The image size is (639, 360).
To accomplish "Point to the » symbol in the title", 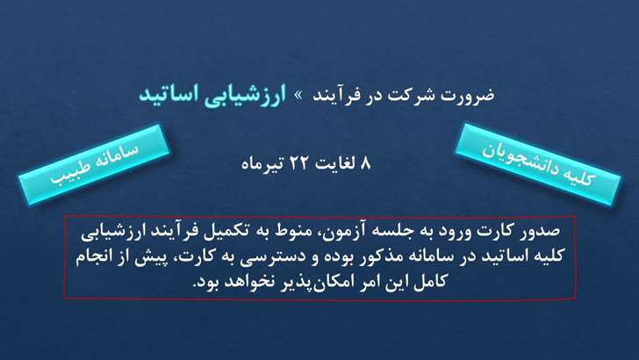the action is (x=299, y=96).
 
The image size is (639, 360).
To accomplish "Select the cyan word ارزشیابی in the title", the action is (x=245, y=96).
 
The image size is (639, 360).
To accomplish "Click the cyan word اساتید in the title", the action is (x=169, y=95).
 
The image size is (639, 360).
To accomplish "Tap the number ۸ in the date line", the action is (x=365, y=164).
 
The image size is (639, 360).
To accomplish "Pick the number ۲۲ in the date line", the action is (x=300, y=164).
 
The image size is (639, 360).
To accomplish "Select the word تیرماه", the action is (x=263, y=164).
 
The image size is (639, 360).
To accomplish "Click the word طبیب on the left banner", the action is (x=68, y=172).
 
